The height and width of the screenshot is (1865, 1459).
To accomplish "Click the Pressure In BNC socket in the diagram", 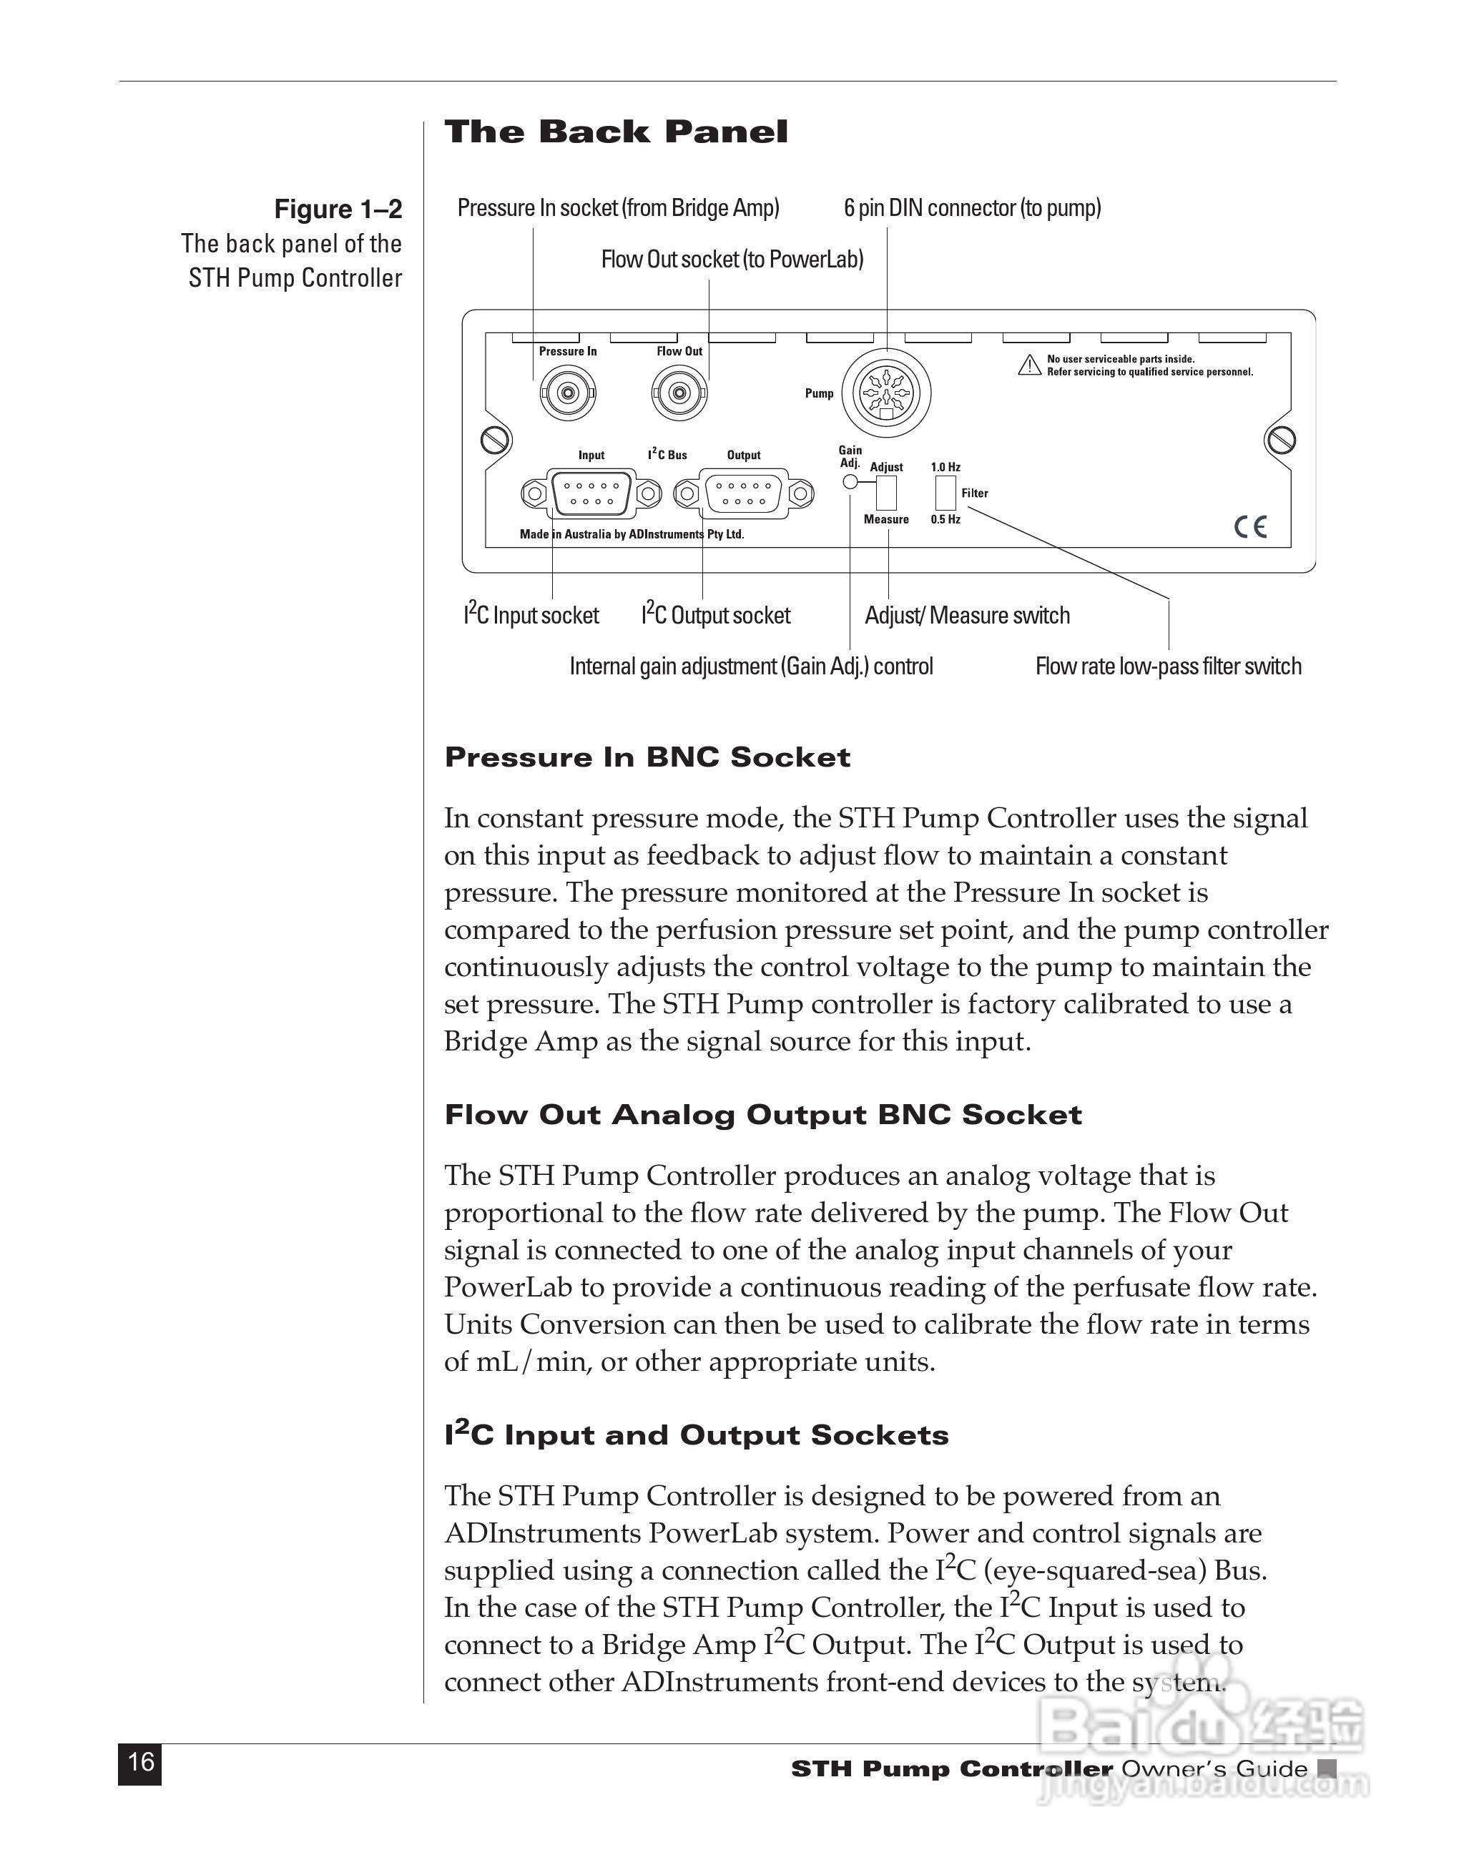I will coord(567,393).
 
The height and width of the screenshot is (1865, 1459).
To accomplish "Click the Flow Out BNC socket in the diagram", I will coord(679,393).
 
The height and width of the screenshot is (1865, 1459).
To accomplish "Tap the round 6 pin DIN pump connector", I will coord(887,393).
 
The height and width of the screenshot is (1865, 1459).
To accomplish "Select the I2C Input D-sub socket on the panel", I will coord(591,493).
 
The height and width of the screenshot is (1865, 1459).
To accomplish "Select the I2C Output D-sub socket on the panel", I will coord(743,493).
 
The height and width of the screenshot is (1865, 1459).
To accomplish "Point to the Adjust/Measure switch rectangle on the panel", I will coord(886,493).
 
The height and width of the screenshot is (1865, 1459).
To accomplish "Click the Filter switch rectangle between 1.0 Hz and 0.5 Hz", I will coord(945,493).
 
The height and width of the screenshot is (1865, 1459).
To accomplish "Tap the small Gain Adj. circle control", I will coord(850,481).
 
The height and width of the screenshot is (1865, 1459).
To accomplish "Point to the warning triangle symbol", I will coord(1029,365).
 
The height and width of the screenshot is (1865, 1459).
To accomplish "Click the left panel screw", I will coord(496,440).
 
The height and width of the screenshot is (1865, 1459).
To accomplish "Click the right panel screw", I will coord(1280,440).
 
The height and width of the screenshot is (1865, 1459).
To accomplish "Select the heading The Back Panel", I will coord(616,132).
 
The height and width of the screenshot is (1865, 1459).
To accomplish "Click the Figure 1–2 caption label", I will coord(338,210).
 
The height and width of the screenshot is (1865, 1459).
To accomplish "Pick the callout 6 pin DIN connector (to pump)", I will coord(972,207).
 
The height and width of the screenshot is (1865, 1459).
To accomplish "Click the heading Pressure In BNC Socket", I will coord(647,757).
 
